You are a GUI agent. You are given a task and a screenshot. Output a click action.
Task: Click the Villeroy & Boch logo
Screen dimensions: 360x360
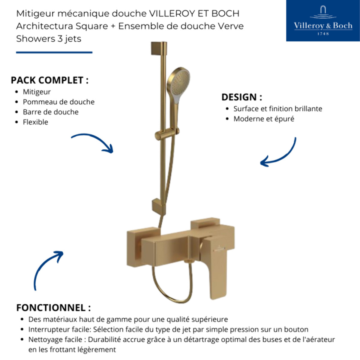point(323,21)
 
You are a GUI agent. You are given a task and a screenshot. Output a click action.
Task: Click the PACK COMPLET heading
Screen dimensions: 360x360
point(49,80)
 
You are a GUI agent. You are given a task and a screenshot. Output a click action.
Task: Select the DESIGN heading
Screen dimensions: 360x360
point(241,97)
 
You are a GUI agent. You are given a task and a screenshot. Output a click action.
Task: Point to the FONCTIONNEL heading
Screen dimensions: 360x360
point(53,307)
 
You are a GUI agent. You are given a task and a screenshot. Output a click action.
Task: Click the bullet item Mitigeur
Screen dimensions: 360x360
point(37,92)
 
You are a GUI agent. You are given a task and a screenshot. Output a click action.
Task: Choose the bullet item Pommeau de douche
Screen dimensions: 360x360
point(58,102)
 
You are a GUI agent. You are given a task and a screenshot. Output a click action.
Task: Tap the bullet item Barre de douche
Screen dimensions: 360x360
point(51,112)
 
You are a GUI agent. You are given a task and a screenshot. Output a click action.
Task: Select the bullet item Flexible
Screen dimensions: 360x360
point(35,122)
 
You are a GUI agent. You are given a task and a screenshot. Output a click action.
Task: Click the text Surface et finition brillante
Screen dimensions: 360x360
point(277,109)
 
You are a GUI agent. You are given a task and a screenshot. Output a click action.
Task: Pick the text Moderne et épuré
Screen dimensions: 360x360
point(264,119)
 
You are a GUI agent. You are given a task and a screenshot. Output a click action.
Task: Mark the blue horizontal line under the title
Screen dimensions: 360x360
point(54,52)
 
